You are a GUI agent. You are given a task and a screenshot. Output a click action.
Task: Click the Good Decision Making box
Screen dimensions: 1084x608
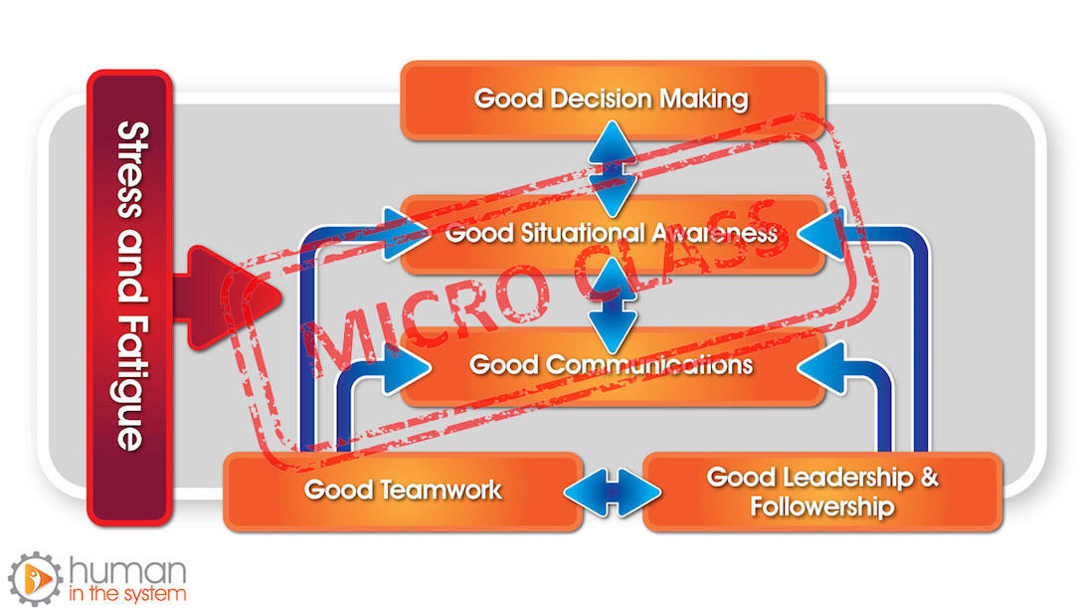tap(613, 100)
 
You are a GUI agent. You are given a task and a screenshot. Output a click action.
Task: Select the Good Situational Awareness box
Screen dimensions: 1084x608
tap(613, 234)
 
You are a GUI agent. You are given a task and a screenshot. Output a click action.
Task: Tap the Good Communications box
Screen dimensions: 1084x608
tap(613, 366)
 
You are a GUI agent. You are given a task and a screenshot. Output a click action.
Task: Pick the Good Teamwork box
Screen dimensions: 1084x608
tap(403, 492)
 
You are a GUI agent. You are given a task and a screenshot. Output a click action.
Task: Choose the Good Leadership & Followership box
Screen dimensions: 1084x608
tap(822, 492)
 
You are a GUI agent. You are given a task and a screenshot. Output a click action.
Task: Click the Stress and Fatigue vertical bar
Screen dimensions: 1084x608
tap(129, 298)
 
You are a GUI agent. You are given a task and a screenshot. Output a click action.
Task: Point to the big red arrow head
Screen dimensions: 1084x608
tap(234, 298)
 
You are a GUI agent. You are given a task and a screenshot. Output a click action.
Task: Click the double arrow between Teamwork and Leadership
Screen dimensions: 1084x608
tap(613, 493)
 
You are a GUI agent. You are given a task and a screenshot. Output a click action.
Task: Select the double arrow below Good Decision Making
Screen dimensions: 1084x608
tap(613, 168)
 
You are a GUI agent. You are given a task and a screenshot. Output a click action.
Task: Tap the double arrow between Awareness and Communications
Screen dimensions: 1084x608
tap(613, 304)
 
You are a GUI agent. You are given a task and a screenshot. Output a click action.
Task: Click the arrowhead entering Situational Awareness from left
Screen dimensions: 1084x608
tap(407, 234)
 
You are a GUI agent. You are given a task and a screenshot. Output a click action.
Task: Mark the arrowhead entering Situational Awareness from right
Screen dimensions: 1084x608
tap(820, 234)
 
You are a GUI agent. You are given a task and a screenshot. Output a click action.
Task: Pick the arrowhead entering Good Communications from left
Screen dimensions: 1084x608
tap(407, 367)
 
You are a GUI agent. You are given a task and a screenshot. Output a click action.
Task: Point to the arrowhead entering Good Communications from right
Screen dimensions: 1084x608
tap(820, 367)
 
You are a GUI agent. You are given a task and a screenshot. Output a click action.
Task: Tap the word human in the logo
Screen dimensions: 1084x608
tap(128, 571)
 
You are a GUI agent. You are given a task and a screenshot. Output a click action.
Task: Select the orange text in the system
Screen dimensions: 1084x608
tap(127, 594)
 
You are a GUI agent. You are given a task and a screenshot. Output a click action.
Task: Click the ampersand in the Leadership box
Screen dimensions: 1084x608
tap(929, 478)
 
